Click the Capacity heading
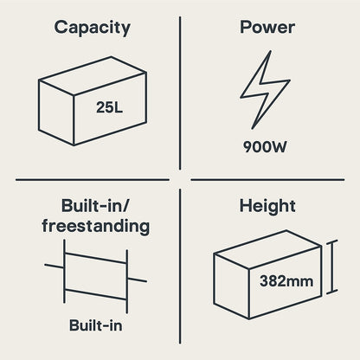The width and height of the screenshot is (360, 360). (x=92, y=28)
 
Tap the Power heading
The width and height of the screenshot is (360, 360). (x=267, y=27)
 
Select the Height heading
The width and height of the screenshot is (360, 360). (x=267, y=207)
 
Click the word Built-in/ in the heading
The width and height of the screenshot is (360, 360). (x=96, y=206)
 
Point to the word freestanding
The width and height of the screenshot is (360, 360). (x=96, y=226)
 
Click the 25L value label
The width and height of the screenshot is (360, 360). (x=109, y=107)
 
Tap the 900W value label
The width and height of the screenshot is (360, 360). (x=265, y=146)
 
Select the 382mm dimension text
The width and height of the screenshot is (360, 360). (x=286, y=281)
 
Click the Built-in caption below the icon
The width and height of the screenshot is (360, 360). (x=96, y=325)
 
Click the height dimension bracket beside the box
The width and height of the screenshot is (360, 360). (x=331, y=267)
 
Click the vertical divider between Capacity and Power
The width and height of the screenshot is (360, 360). (x=180, y=93)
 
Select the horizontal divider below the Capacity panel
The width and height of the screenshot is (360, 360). (x=93, y=180)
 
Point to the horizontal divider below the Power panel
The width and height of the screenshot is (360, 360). (x=267, y=180)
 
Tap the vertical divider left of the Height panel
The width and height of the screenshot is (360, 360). (x=180, y=267)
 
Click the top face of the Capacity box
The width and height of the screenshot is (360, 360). (x=93, y=75)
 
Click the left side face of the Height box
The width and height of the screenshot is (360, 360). (x=231, y=286)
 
